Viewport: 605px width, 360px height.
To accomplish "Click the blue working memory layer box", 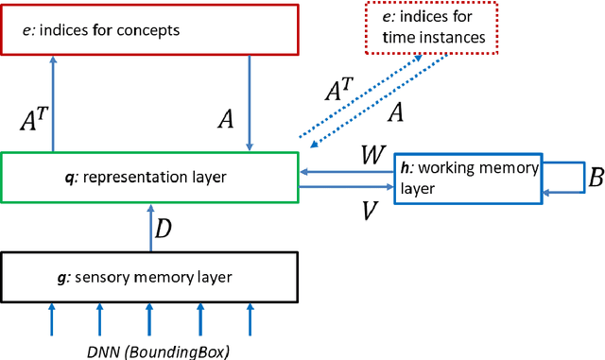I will click(468, 177).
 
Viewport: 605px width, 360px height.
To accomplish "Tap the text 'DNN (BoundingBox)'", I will click(150, 350).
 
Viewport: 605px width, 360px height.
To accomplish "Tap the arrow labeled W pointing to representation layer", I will click(347, 171).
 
